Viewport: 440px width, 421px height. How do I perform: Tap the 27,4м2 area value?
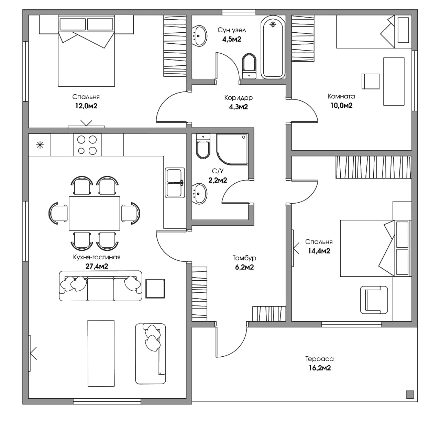(97, 266)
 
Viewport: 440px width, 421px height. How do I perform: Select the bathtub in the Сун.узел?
(273, 47)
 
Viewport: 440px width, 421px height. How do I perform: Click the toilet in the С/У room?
(203, 146)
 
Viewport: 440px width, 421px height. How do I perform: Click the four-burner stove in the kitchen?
(87, 145)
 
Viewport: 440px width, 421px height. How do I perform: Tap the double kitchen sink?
(175, 183)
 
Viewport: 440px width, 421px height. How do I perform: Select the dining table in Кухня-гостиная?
(94, 213)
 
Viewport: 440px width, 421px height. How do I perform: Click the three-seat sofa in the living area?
(101, 286)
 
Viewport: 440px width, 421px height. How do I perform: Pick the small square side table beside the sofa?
(155, 289)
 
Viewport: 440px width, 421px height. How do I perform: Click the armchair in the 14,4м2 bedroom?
(374, 300)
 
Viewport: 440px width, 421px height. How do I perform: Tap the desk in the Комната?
(394, 82)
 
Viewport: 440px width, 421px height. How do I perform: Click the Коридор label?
(238, 98)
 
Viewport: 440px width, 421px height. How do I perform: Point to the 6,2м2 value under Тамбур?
(244, 267)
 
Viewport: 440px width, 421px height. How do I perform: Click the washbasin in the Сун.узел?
(199, 36)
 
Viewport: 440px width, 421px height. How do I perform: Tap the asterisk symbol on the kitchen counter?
(40, 145)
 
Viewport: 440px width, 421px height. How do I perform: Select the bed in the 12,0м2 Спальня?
(86, 51)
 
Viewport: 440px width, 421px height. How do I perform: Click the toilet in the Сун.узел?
(249, 66)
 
